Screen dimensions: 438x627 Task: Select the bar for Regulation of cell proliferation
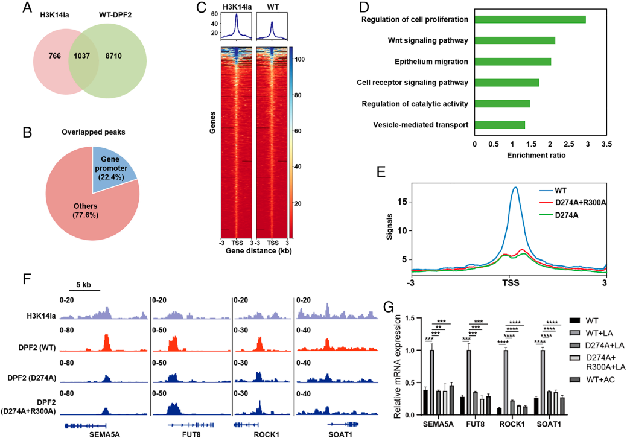[x=530, y=20]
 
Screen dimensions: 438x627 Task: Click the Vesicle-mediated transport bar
[x=500, y=125]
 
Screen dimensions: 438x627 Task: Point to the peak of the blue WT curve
[x=515, y=188]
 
